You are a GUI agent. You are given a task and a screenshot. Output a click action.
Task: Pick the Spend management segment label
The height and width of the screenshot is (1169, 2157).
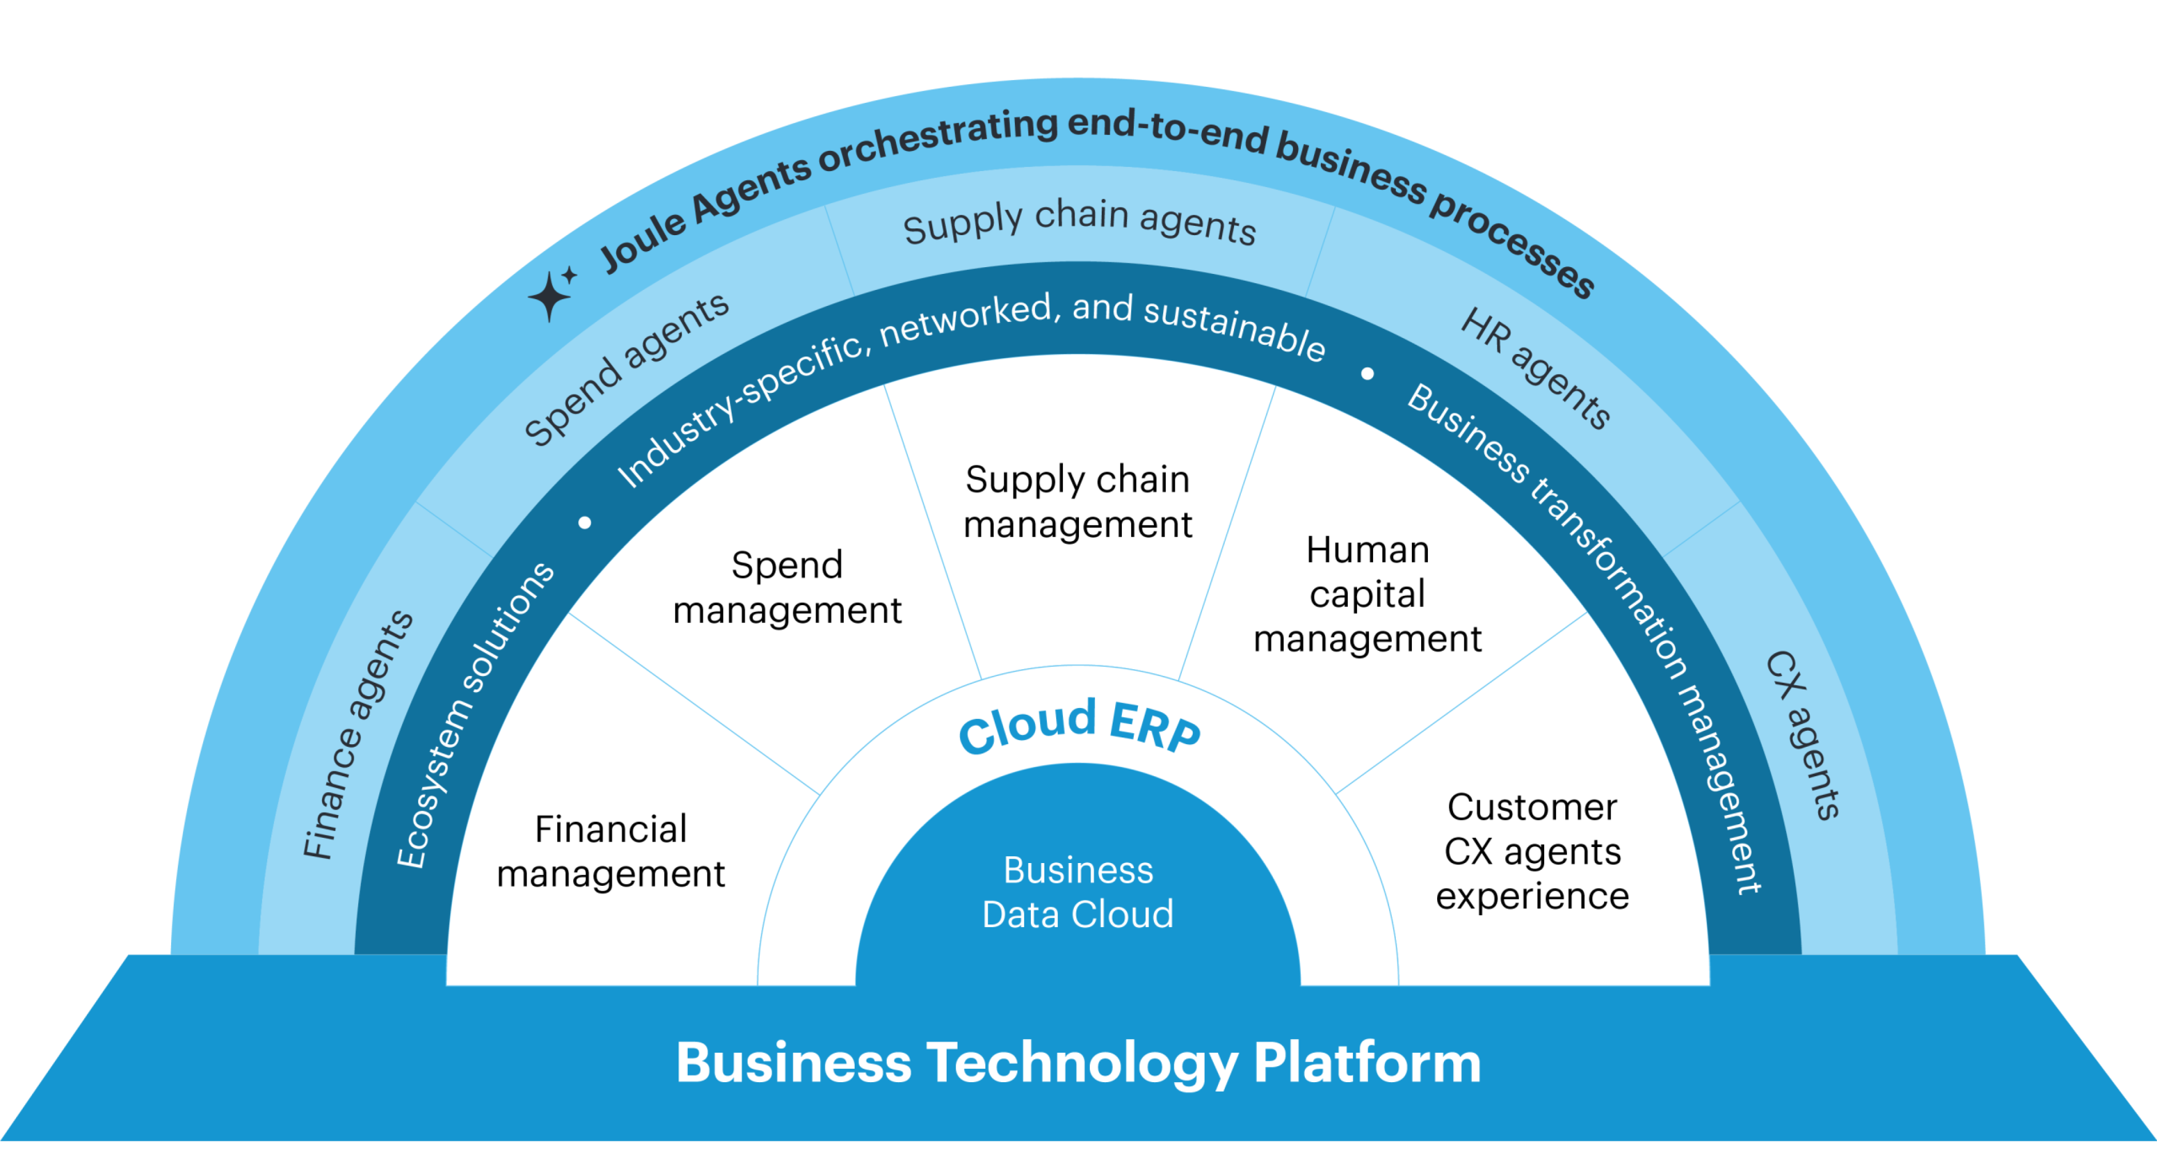point(787,587)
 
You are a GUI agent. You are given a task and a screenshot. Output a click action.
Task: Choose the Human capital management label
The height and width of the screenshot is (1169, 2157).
point(1367,594)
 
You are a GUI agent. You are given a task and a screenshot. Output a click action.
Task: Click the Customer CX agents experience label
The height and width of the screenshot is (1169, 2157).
point(1532,852)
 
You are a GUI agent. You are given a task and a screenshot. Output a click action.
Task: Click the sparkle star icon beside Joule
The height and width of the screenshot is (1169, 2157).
point(551,295)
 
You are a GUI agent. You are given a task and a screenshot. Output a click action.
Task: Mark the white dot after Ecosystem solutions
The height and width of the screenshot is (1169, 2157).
point(584,524)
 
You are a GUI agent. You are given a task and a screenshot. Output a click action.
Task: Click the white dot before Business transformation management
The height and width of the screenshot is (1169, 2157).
point(1367,374)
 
